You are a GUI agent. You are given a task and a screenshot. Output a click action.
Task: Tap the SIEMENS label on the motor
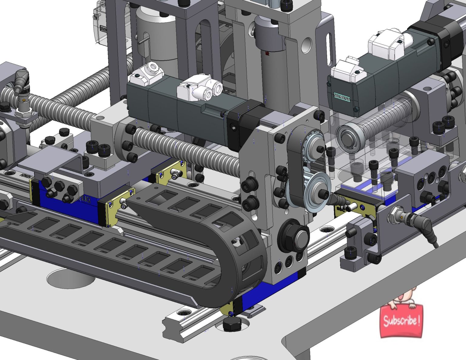tap(342, 97)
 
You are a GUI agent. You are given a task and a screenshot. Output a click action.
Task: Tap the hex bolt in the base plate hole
tap(232, 324)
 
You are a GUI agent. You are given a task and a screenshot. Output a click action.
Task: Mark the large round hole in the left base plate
tap(71, 277)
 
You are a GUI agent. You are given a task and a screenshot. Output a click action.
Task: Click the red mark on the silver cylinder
tap(267, 54)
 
